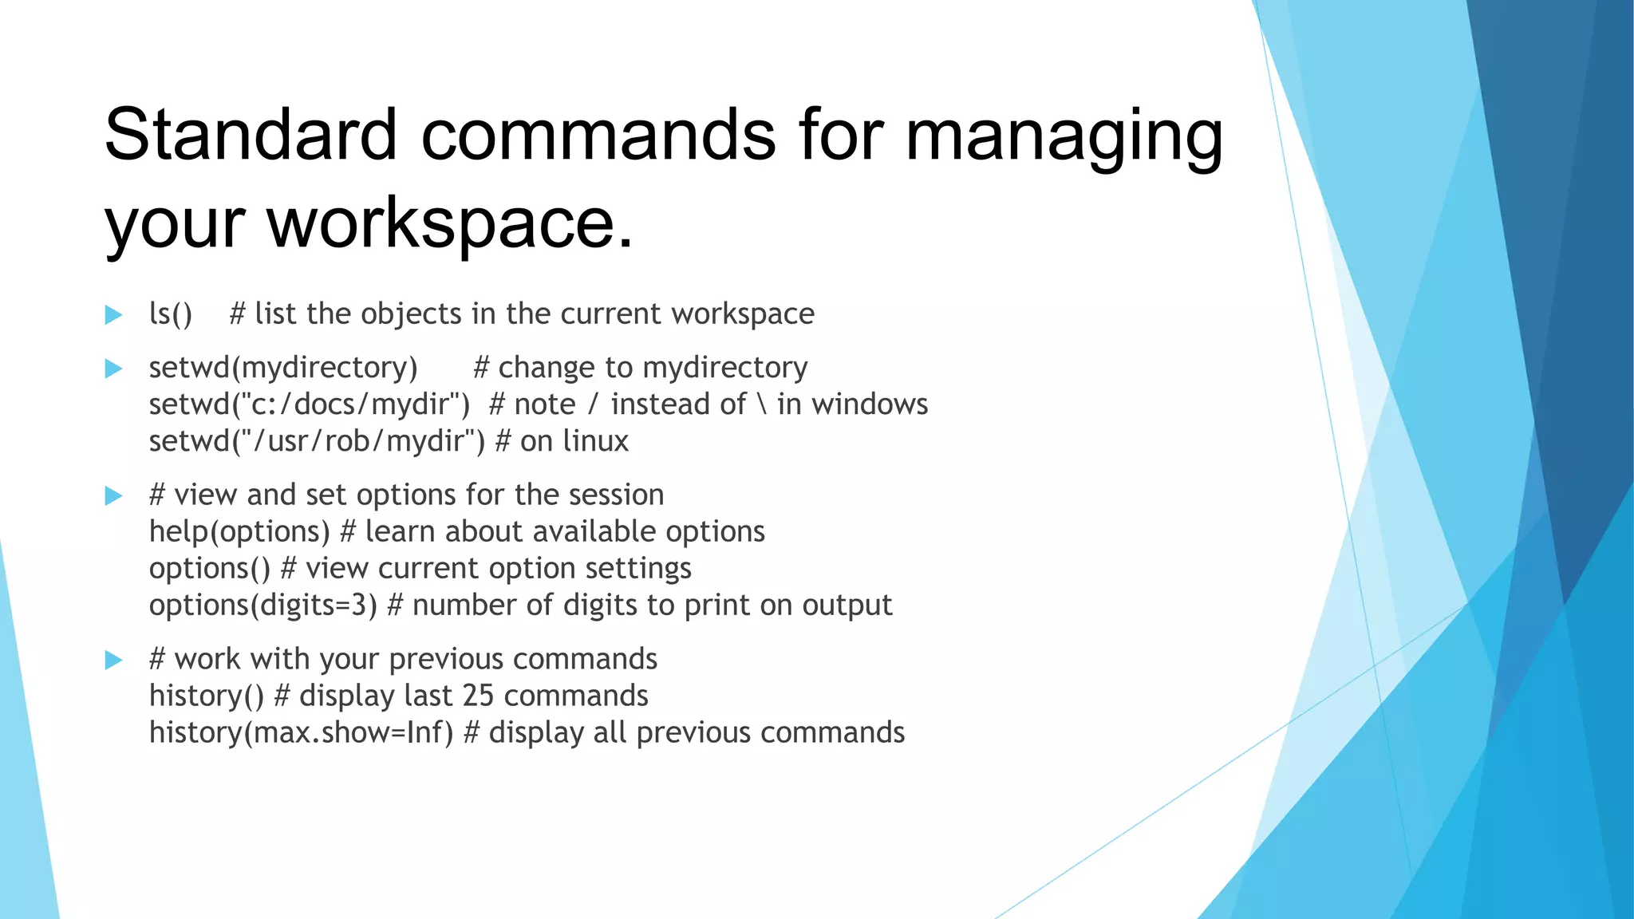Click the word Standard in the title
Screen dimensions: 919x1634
(251, 134)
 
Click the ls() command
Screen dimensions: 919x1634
(171, 314)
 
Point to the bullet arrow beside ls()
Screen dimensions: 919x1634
(114, 315)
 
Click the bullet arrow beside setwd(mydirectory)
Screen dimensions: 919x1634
(114, 369)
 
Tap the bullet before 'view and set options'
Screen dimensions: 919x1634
(114, 496)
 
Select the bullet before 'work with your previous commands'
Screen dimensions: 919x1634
(114, 660)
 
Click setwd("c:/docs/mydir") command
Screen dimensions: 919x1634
(310, 404)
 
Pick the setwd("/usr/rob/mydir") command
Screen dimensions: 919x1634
(317, 441)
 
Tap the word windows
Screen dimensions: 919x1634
(870, 404)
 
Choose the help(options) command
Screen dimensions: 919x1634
(239, 532)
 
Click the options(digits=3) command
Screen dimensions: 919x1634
(262, 605)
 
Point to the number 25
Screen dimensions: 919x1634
(478, 696)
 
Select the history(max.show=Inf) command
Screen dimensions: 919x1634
(301, 733)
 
